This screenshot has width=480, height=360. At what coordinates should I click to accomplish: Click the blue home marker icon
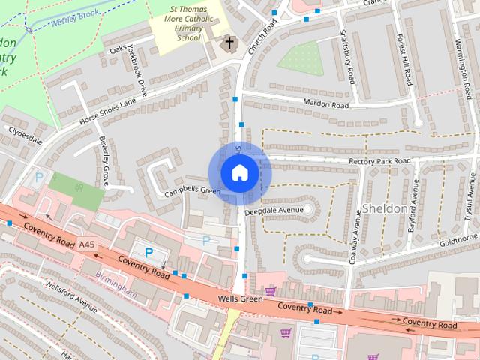click(x=239, y=173)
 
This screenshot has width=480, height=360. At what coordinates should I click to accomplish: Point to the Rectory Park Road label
click(x=379, y=161)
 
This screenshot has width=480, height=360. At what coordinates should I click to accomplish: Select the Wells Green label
click(x=240, y=299)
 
